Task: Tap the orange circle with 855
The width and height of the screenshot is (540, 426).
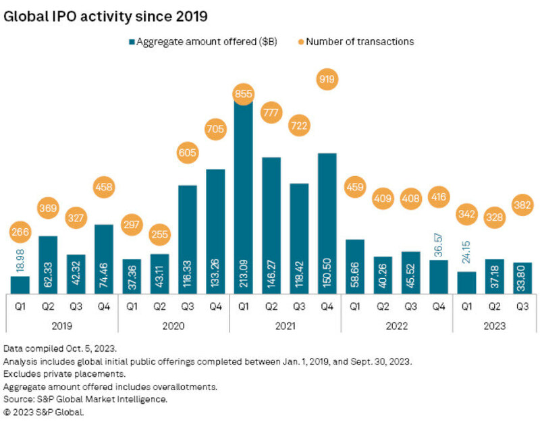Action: (x=243, y=95)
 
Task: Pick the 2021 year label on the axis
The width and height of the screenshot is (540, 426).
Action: (x=284, y=324)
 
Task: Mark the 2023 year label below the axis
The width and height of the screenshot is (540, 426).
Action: (x=493, y=324)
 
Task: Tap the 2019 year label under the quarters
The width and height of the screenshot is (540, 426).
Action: (x=61, y=324)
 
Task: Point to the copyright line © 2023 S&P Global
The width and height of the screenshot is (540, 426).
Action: (x=44, y=411)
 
